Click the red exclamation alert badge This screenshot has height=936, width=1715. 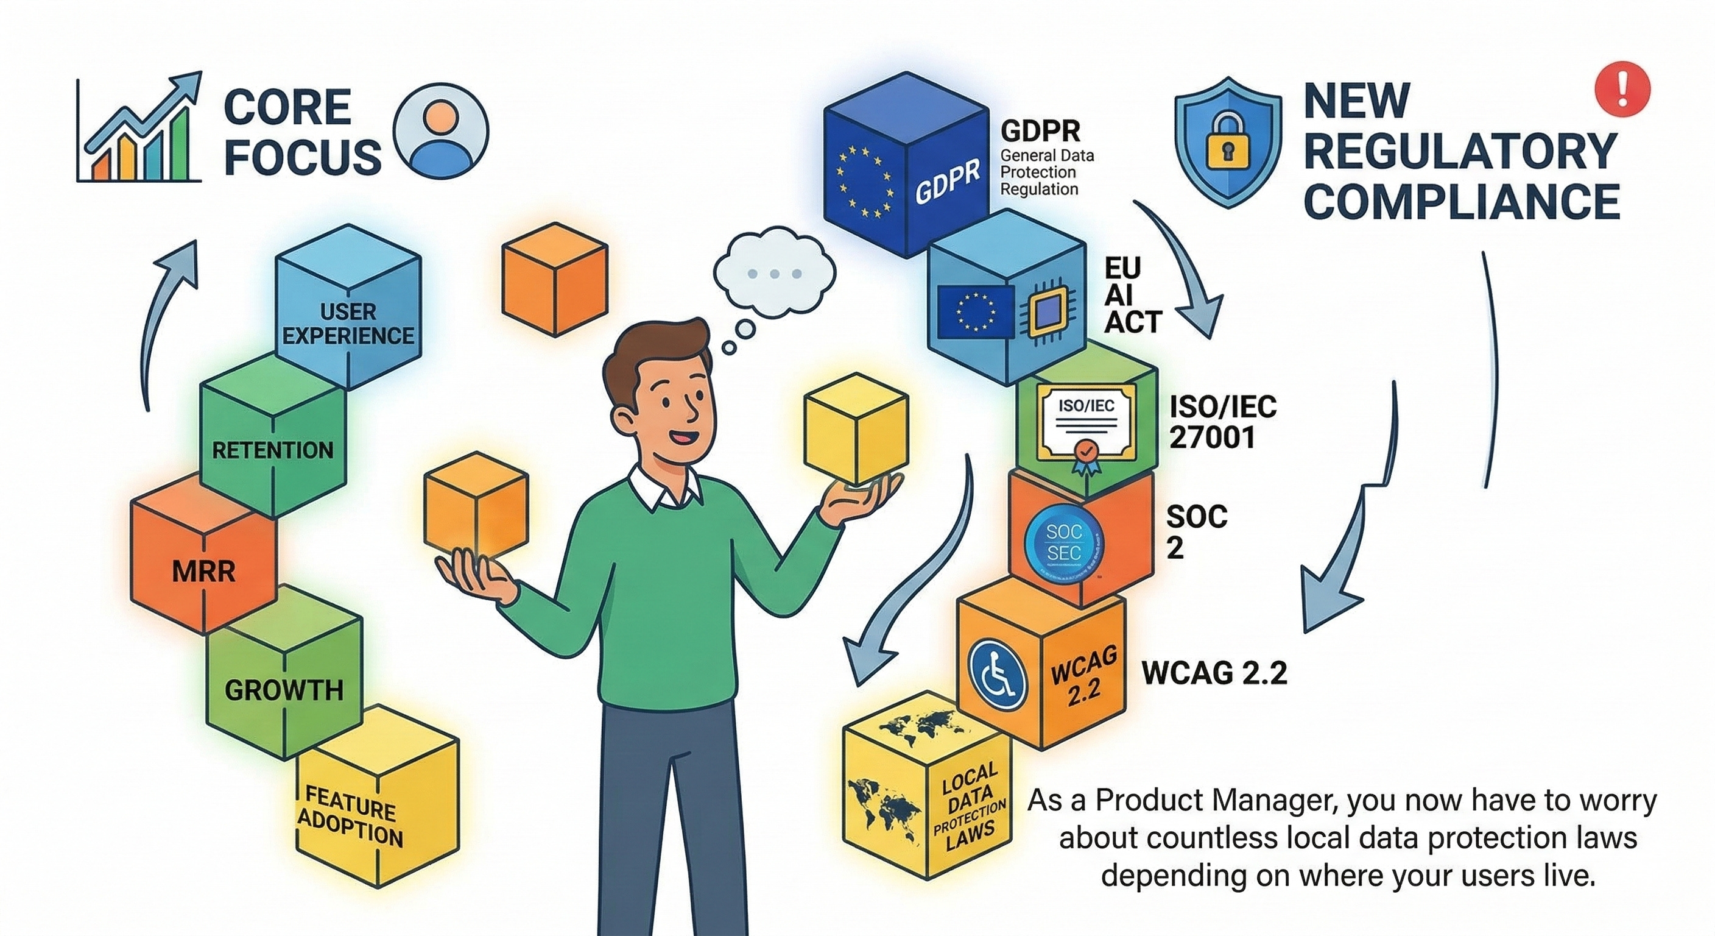pos(1622,89)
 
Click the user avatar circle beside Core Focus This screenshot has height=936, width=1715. pos(441,130)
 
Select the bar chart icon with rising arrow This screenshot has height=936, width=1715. pos(139,130)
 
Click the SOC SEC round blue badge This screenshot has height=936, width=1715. pos(1063,542)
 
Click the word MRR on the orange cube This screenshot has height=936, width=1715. pos(204,572)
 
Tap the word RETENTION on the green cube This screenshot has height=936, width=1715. pos(272,450)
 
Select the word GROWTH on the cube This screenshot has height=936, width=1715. pos(284,690)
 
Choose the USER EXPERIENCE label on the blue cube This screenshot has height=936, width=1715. pos(348,324)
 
